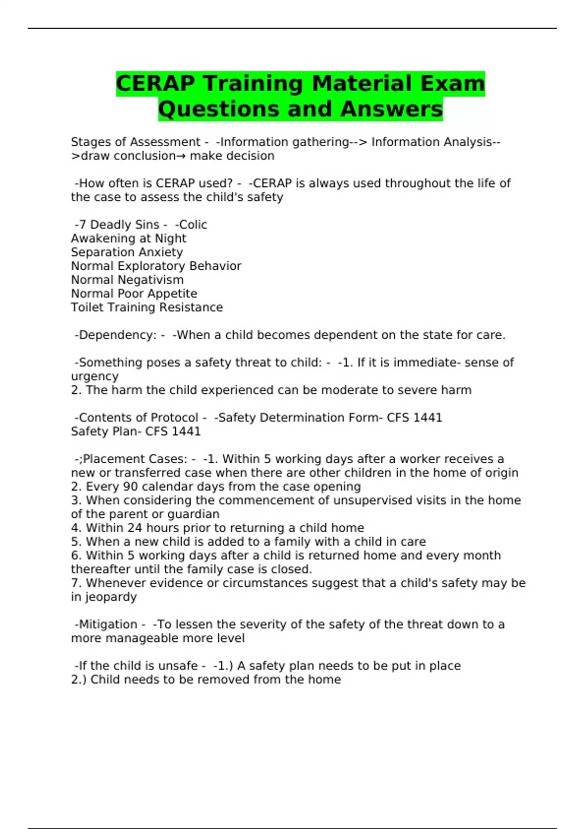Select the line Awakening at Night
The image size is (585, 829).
point(128,238)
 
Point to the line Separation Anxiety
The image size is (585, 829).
point(127,252)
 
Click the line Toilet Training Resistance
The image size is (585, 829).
point(147,307)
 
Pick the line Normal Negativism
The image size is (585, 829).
point(127,280)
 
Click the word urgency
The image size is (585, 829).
point(95,376)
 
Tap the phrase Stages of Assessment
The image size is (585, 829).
point(136,142)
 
